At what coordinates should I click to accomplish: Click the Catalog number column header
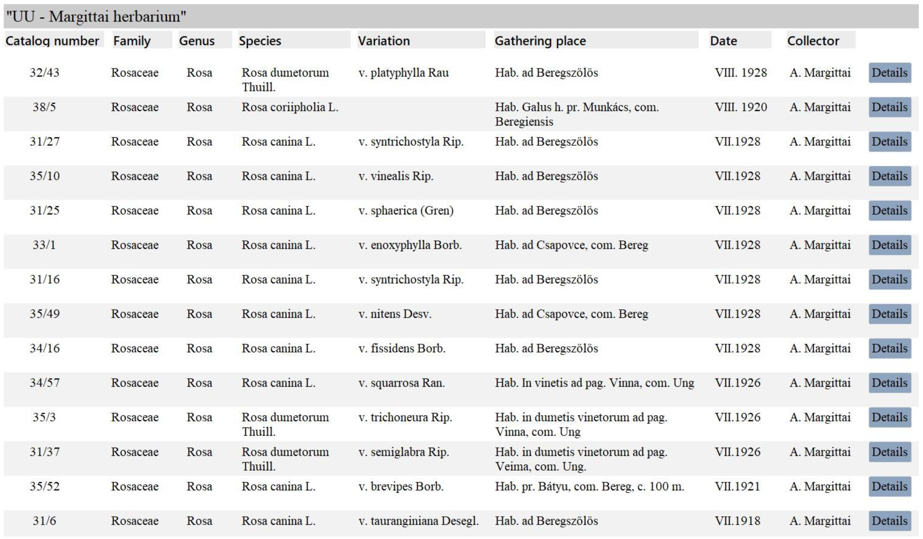(52, 41)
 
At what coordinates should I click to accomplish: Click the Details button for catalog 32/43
(889, 73)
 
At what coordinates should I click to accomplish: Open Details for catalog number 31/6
(889, 521)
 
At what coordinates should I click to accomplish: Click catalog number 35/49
(44, 314)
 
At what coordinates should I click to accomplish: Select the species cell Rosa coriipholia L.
(290, 107)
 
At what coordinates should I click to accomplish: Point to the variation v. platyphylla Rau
(403, 73)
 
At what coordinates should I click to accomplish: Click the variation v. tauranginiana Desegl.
(418, 521)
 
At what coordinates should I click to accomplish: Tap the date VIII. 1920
(740, 107)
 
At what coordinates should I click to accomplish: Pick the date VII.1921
(737, 486)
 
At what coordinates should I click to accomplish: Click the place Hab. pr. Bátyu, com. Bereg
(589, 486)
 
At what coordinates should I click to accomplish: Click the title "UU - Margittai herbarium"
(96, 17)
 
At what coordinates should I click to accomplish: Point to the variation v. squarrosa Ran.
(401, 383)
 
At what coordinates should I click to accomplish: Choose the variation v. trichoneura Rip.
(405, 417)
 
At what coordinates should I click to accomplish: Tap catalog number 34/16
(44, 348)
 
